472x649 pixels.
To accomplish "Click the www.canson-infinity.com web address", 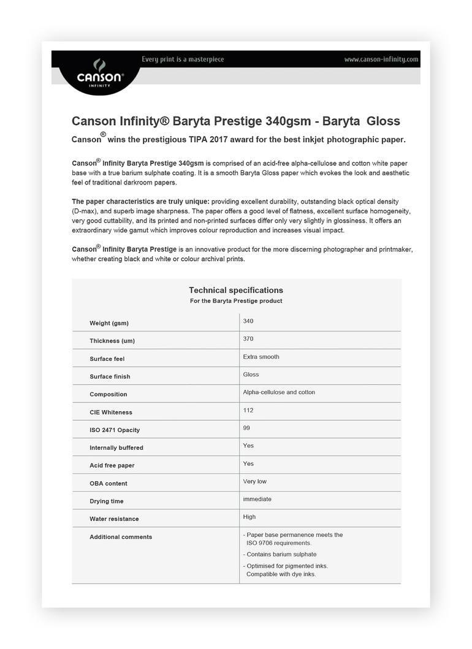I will coord(381,59).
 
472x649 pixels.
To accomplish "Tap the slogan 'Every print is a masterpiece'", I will coord(183,59).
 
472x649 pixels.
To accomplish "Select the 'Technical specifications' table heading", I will coord(236,290).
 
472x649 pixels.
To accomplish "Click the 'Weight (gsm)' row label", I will coord(109,323).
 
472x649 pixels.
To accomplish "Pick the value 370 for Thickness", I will coord(248,339).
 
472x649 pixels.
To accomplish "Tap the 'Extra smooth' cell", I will coord(261,357).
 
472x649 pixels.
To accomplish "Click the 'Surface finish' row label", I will coord(110,376).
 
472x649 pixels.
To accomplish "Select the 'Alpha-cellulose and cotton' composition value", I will coord(279,392).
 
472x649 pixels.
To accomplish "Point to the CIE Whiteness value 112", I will coord(248,410).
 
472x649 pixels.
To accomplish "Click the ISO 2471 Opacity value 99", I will coord(246,428).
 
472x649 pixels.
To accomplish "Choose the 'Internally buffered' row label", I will coord(116,447).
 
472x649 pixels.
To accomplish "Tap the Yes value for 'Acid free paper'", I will coord(248,463).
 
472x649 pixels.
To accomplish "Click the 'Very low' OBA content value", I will coord(255,481).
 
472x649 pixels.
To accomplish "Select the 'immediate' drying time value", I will coord(257,499).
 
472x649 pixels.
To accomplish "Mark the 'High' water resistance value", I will coord(249,517).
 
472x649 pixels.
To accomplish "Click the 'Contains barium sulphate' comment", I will coord(282,554).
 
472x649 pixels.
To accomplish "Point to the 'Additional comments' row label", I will coord(121,537).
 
